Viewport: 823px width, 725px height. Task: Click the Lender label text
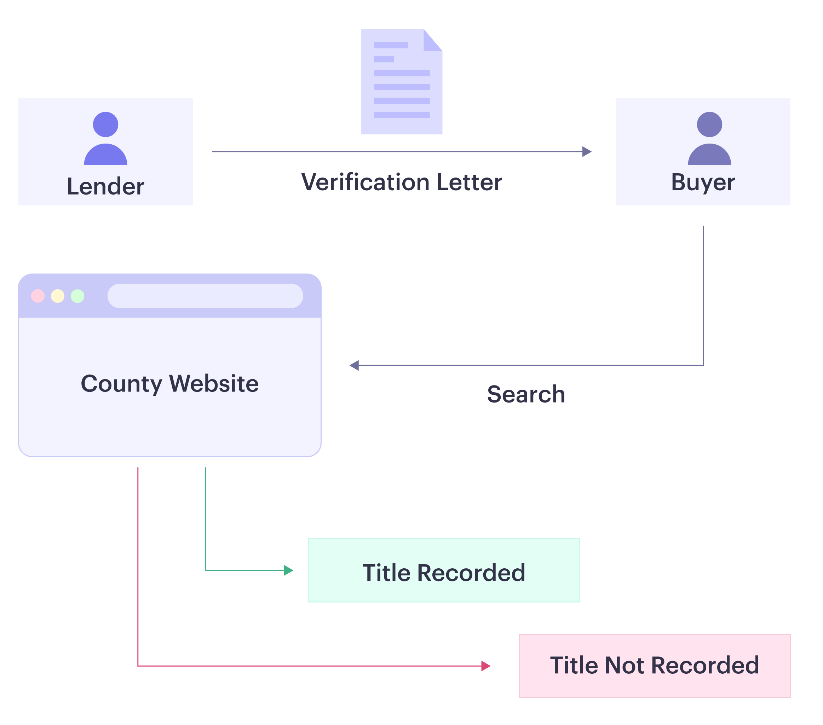pyautogui.click(x=105, y=186)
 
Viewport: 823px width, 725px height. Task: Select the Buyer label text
pyautogui.click(x=703, y=182)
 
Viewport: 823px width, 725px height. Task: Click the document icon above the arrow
pyautogui.click(x=402, y=82)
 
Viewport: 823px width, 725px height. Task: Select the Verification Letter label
pyautogui.click(x=402, y=182)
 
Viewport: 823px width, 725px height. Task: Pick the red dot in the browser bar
pyautogui.click(x=38, y=296)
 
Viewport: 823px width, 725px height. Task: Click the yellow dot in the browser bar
pyautogui.click(x=58, y=296)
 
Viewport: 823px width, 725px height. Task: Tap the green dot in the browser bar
pyautogui.click(x=77, y=296)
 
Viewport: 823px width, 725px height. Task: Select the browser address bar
pyautogui.click(x=205, y=296)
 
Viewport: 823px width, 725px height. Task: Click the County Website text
pyautogui.click(x=169, y=384)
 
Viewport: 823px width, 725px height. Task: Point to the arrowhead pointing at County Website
pyautogui.click(x=354, y=369)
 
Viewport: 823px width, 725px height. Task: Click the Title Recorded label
pyautogui.click(x=444, y=573)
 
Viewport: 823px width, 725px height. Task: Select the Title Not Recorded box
pyautogui.click(x=655, y=666)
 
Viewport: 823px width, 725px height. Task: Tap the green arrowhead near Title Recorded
pyautogui.click(x=288, y=571)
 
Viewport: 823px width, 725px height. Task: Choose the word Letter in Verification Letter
pyautogui.click(x=469, y=182)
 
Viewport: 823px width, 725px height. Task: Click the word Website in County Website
pyautogui.click(x=214, y=384)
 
